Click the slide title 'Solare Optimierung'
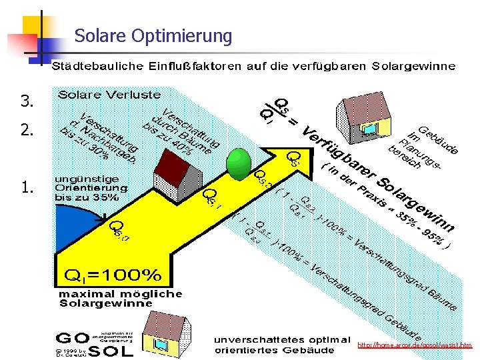153,35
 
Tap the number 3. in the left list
27,102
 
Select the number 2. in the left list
27,130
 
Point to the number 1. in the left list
27,188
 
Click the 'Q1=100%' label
113,275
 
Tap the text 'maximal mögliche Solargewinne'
120,298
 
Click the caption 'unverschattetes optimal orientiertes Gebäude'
281,345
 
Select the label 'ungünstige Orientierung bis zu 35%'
88,188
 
